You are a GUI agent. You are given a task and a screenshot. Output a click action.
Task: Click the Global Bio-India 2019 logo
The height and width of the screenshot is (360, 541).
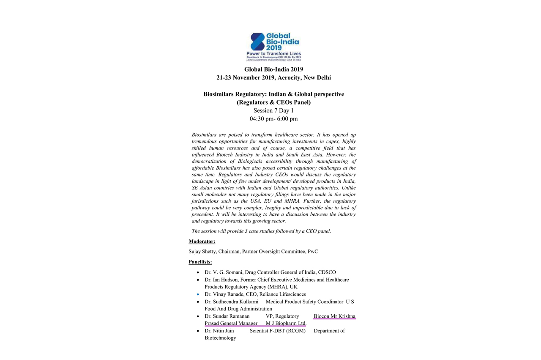point(273,47)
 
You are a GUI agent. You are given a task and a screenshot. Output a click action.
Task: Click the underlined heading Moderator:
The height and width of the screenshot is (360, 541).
point(202,242)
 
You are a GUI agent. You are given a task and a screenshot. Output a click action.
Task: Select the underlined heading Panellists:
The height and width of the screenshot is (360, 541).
point(200,262)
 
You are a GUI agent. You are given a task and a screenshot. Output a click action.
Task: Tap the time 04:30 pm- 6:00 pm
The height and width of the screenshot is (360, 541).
point(273,119)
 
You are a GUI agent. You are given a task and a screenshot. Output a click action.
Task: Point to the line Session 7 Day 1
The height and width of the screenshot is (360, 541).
point(273,110)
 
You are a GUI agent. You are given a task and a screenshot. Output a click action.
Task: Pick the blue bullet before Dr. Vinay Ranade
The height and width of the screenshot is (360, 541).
point(198,294)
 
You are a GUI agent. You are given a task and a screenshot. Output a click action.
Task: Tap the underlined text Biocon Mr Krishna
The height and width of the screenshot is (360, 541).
point(335,316)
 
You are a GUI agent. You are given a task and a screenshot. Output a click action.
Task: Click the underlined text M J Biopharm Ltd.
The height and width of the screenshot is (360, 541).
point(286,324)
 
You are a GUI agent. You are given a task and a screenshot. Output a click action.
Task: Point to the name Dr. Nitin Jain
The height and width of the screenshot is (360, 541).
point(219,331)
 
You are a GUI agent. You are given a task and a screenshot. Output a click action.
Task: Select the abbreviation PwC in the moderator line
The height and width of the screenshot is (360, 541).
point(313,252)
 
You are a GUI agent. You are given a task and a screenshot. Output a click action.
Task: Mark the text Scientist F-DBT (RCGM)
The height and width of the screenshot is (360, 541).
point(277,331)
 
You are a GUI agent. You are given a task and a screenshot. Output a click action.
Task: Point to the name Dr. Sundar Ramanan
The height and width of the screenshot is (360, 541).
point(227,316)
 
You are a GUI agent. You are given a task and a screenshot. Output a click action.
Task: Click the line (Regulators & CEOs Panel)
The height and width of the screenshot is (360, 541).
point(273,102)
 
